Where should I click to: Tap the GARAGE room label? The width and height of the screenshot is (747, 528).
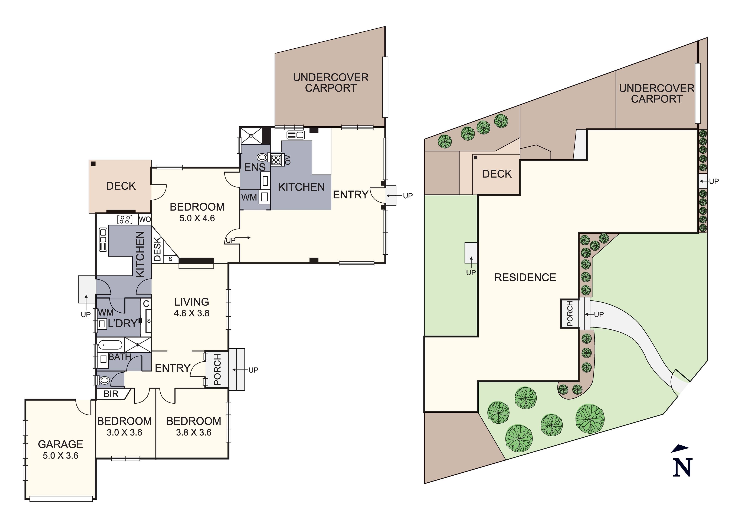coord(60,444)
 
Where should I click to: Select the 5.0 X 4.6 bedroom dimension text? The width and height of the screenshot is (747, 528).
coord(197,218)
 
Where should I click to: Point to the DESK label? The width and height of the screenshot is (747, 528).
coord(157,249)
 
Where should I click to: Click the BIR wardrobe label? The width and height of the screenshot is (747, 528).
coord(111,394)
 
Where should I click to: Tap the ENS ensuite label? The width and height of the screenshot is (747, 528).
coord(255,167)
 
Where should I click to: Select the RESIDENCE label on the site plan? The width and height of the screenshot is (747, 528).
coord(525,277)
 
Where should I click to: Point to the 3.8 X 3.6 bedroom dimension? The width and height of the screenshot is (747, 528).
coord(194,432)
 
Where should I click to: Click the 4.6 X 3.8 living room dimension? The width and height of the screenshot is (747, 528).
coord(192,313)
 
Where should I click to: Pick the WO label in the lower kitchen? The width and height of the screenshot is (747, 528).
coord(145,219)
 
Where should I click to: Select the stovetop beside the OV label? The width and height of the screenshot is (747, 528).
coord(276,160)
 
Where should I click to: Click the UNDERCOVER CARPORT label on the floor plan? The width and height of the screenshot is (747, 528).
coord(331,83)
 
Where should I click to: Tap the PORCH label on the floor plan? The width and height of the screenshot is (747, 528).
coord(217,369)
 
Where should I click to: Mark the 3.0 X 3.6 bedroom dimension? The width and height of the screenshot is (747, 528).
coord(125,432)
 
